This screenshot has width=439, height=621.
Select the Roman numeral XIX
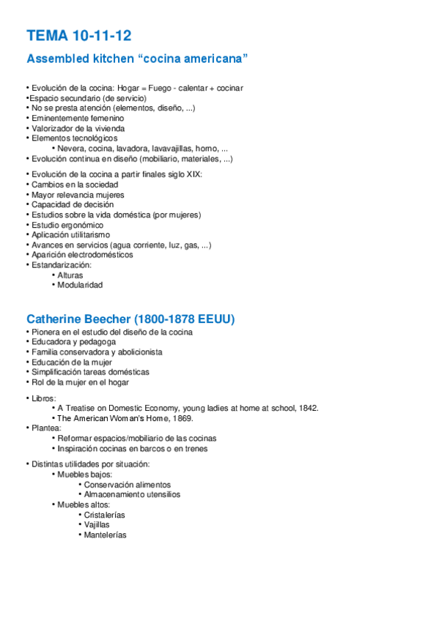pos(191,174)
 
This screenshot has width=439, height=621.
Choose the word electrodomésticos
pos(98,255)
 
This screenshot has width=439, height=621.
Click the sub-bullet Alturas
pos(70,275)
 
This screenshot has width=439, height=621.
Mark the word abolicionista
pos(138,352)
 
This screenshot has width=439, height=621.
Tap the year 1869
pos(182,418)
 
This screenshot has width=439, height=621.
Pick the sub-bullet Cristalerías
pos(104,515)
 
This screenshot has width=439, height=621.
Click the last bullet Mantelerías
pos(105,535)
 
